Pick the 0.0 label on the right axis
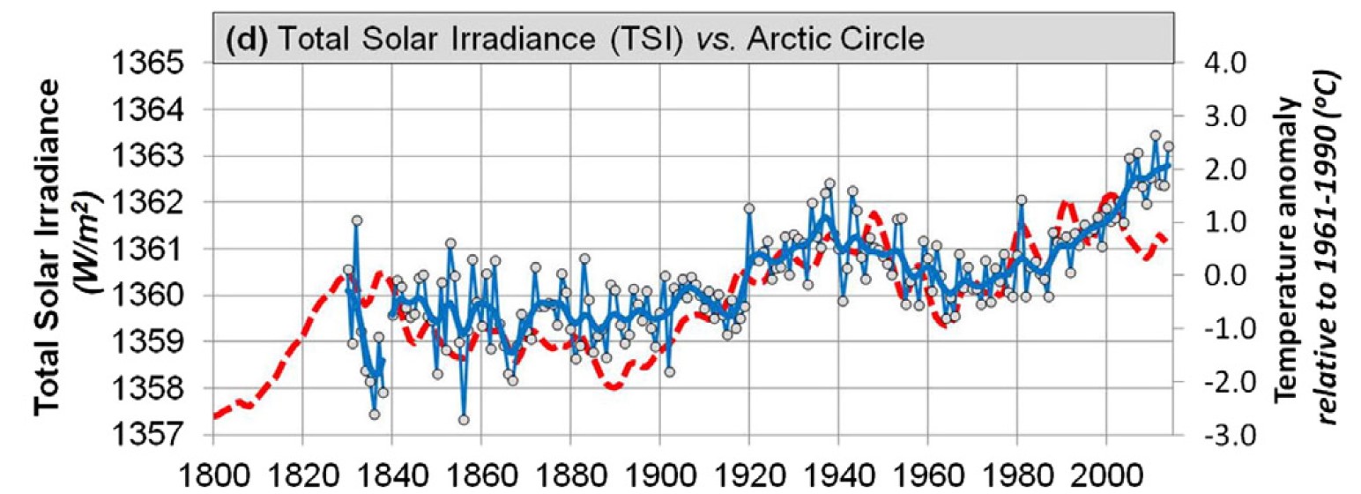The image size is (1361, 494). point(1220,275)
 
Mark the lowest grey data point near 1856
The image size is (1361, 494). point(464,420)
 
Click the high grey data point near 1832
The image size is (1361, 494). point(357,221)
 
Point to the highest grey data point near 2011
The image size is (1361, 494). point(1155,136)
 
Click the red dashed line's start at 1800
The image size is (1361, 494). point(214,416)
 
